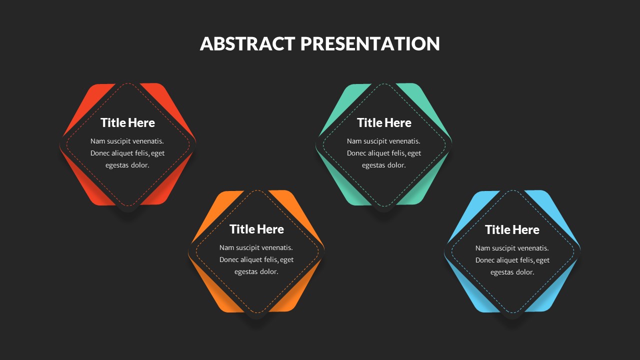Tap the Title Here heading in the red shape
click(x=127, y=122)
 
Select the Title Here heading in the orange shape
click(x=256, y=229)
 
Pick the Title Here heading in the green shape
click(x=384, y=122)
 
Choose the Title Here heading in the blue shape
click(x=512, y=229)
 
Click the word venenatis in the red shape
click(x=148, y=141)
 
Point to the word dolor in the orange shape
click(x=268, y=271)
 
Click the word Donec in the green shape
click(x=357, y=153)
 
